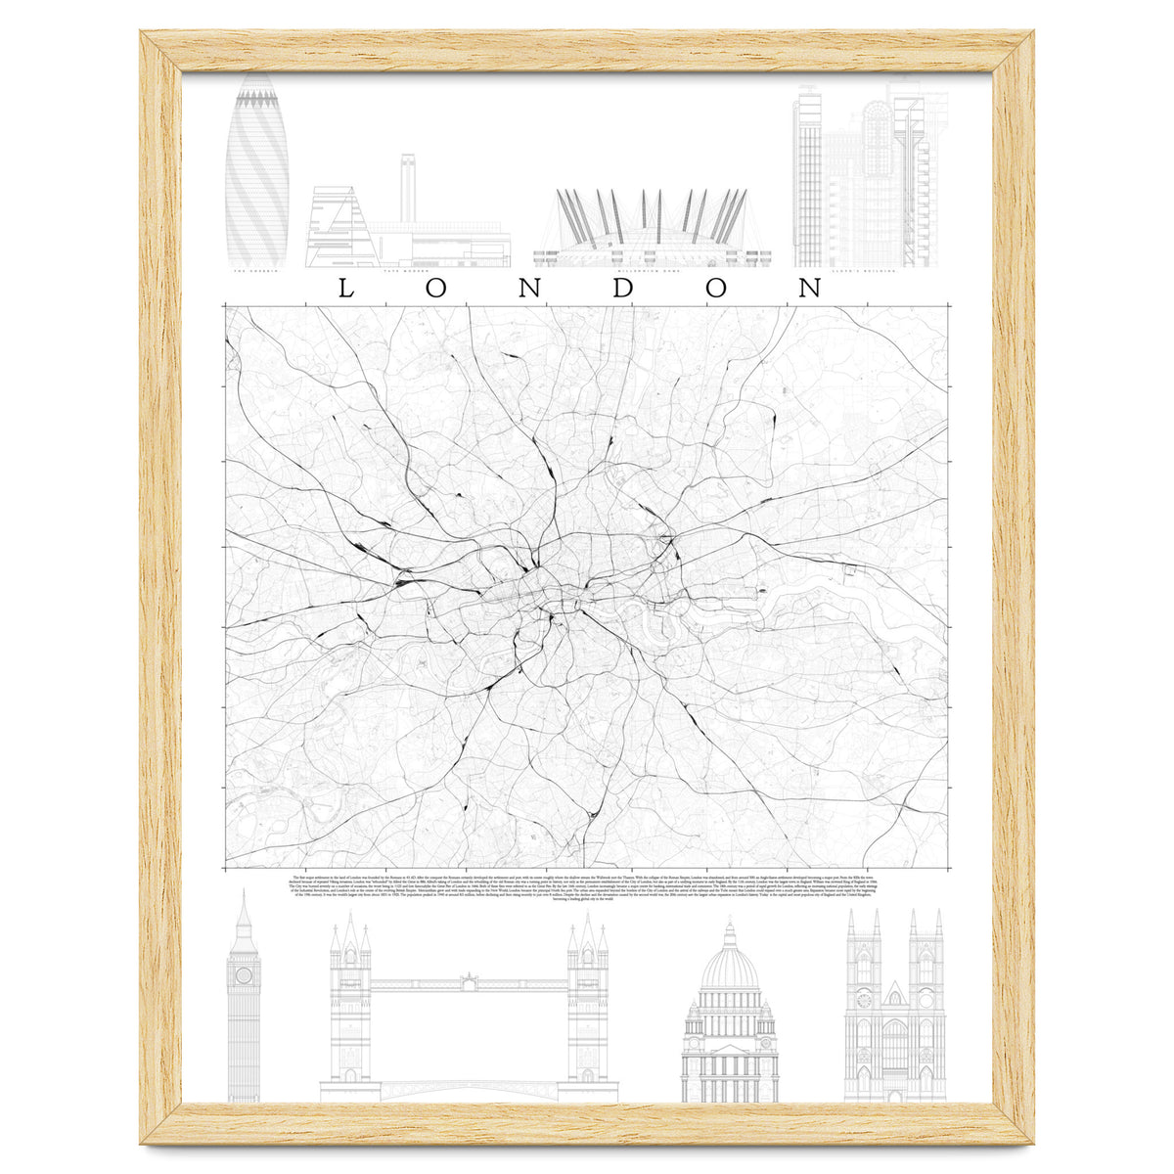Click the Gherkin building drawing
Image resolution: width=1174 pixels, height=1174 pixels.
point(256,171)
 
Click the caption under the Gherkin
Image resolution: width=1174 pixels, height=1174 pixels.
point(256,271)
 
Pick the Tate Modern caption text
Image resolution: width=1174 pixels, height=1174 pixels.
point(407,271)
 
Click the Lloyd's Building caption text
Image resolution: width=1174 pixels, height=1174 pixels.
point(870,271)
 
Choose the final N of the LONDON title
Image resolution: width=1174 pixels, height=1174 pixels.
point(809,288)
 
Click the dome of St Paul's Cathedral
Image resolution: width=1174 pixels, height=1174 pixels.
point(729,969)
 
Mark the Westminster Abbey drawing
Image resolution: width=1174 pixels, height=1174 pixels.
point(895,1008)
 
